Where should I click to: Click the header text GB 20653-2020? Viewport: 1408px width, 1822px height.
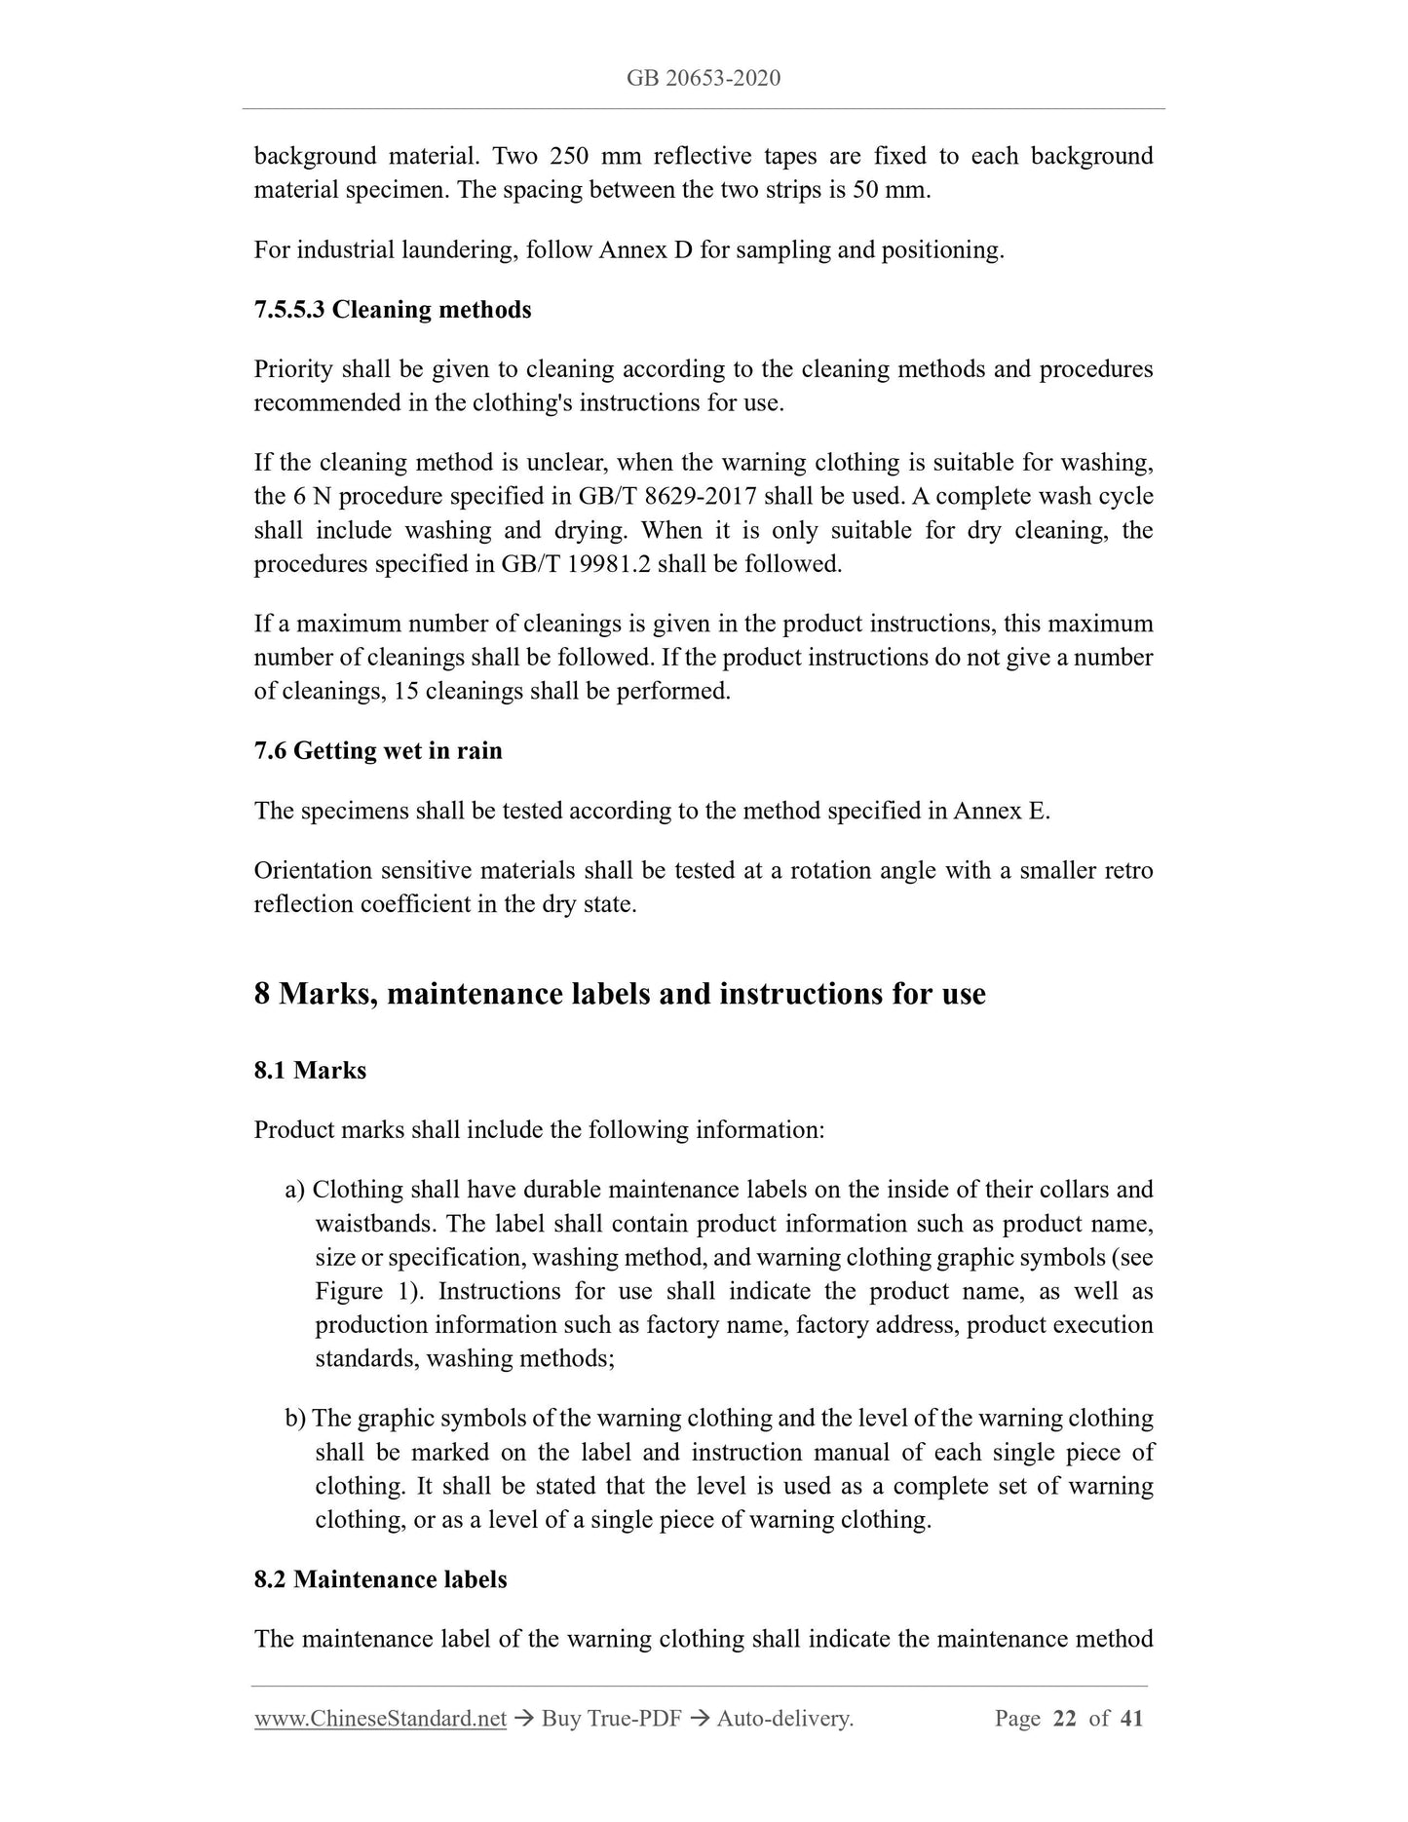[704, 78]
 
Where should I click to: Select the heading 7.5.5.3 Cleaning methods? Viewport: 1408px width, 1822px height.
[393, 310]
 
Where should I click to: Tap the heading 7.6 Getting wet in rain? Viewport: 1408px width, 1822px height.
[378, 751]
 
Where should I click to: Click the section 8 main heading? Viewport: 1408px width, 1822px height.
[620, 994]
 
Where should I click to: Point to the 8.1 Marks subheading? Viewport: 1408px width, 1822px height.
[310, 1071]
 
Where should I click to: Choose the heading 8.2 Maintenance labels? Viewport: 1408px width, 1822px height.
[380, 1579]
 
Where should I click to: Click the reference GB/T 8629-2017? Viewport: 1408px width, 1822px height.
[667, 497]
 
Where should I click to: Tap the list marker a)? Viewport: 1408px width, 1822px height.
[295, 1190]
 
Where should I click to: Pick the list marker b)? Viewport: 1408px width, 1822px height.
[295, 1419]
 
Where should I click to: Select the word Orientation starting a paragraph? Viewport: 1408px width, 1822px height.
[313, 870]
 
